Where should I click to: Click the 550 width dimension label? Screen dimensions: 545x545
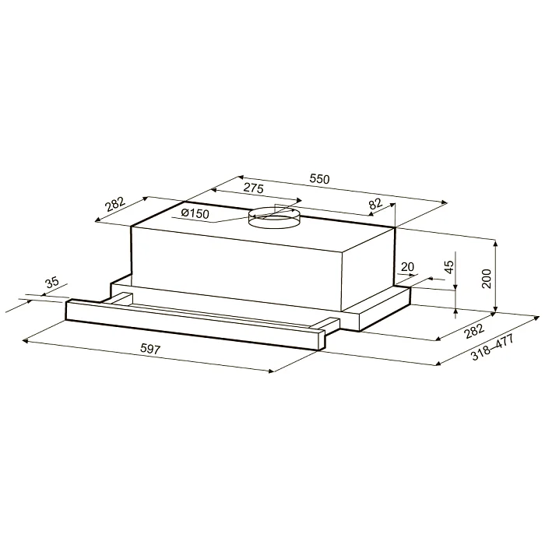pos(320,179)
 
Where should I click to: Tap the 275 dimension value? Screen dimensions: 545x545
pos(254,188)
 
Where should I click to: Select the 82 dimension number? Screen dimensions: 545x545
pos(375,203)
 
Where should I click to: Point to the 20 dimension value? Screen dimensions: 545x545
pos(407,267)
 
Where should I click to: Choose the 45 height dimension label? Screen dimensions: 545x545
pos(449,267)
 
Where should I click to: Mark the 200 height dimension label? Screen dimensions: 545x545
pos(487,279)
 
